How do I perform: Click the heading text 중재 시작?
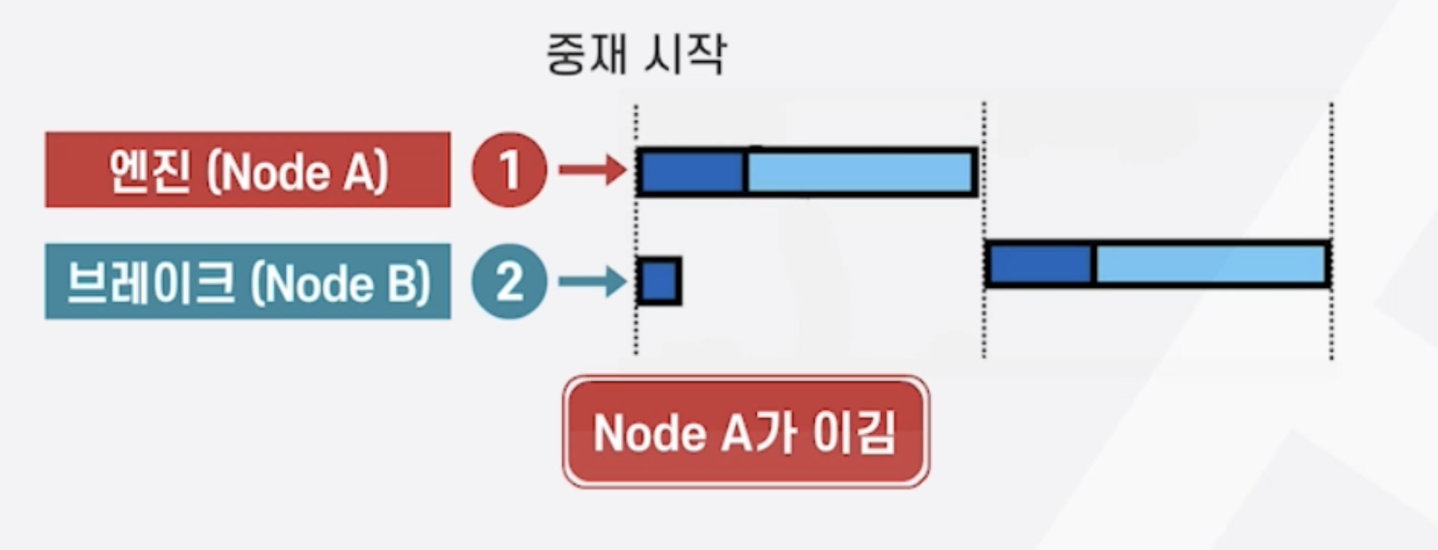click(635, 57)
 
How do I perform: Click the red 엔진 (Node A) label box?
click(247, 170)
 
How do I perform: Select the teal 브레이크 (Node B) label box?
click(247, 282)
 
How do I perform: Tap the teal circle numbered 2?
click(509, 283)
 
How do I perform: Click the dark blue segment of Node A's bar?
click(691, 172)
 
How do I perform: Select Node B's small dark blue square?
click(660, 281)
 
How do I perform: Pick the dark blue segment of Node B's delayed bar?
click(1039, 265)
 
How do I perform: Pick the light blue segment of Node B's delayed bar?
click(1209, 265)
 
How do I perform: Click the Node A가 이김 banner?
click(746, 432)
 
